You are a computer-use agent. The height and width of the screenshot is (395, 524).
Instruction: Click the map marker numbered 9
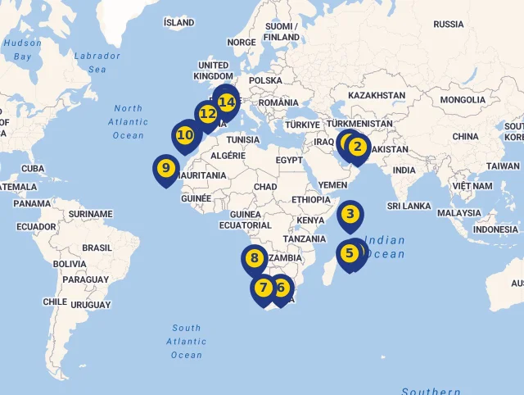click(166, 169)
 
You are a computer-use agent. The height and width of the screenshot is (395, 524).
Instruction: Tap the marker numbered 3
click(350, 216)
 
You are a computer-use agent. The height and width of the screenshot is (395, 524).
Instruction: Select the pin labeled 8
click(255, 259)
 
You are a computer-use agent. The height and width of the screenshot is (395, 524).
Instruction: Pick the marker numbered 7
click(264, 288)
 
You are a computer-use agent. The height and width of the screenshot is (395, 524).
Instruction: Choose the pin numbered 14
click(227, 102)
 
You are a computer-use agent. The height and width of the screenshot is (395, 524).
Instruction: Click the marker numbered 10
click(185, 134)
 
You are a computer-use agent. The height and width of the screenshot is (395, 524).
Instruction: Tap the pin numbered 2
click(357, 148)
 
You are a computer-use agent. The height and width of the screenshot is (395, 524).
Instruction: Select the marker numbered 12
click(207, 114)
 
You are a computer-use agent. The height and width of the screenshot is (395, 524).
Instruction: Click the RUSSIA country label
click(448, 25)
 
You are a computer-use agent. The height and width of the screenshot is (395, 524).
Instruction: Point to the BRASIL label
click(97, 247)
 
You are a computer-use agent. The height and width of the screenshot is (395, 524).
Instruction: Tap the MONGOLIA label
click(463, 100)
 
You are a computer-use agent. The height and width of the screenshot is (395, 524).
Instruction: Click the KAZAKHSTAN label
click(377, 96)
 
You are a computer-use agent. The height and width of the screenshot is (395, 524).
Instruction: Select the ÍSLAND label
click(178, 23)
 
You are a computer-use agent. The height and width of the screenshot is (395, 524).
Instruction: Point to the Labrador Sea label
click(97, 62)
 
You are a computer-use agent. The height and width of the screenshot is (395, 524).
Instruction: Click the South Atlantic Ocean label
click(186, 341)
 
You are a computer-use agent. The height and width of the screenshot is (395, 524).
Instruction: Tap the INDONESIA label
click(495, 229)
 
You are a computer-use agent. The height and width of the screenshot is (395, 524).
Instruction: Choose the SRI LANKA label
click(410, 206)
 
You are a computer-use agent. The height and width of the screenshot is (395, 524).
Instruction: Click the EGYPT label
click(289, 161)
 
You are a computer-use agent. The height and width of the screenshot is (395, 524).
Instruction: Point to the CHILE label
click(55, 302)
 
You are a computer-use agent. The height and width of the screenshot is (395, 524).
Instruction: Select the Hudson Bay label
click(22, 49)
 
